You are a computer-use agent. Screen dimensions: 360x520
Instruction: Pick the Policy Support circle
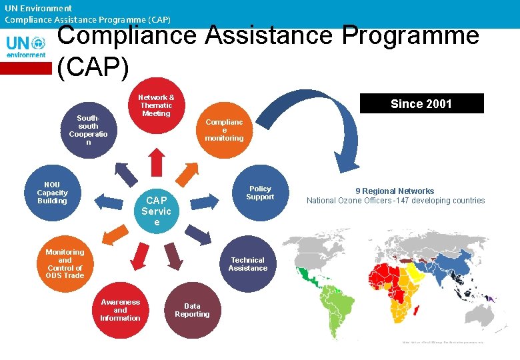(259, 193)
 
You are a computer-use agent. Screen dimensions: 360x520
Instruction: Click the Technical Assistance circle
(247, 264)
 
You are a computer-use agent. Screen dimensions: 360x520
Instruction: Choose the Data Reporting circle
(192, 310)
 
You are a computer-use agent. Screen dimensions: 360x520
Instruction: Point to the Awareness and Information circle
(120, 310)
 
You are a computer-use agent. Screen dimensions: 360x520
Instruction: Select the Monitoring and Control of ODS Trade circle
(65, 264)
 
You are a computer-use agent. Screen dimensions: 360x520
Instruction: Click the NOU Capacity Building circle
(52, 193)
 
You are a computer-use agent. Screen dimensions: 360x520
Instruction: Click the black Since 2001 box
(421, 103)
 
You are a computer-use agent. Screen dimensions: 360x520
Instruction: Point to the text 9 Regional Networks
(395, 191)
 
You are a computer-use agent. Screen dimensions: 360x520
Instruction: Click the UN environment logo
(26, 46)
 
